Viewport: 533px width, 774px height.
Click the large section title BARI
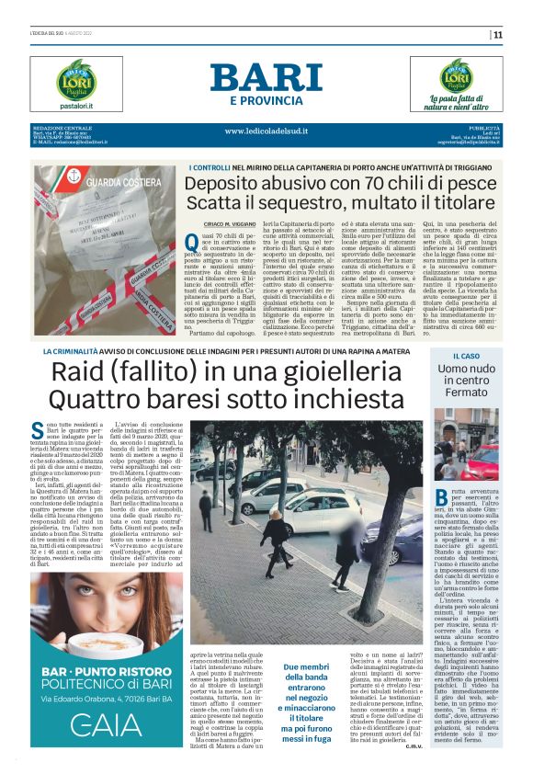[x=266, y=76]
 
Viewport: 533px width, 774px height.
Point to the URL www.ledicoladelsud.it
[x=266, y=131]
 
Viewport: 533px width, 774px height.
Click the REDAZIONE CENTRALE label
[x=62, y=127]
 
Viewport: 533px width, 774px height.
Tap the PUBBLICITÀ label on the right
[x=482, y=127]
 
